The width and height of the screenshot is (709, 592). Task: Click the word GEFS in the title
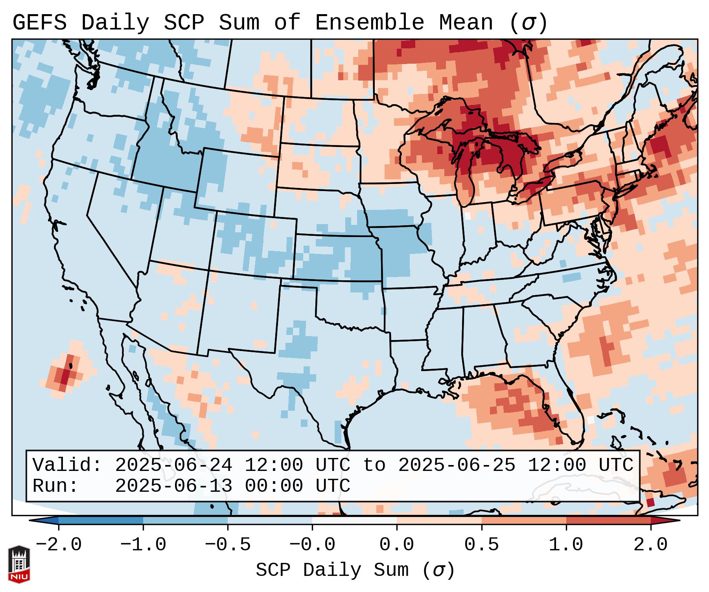point(39,23)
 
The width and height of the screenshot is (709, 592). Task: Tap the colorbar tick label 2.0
point(650,545)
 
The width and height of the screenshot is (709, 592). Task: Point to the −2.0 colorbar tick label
point(59,545)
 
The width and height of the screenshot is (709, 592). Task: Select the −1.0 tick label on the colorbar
point(143,545)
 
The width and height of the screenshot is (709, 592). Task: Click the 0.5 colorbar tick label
point(481,545)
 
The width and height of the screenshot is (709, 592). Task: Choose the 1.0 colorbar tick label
point(566,545)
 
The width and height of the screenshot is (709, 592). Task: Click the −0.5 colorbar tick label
point(228,545)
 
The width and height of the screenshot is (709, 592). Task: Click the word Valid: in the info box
point(67,465)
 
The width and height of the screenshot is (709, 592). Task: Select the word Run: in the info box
point(55,486)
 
